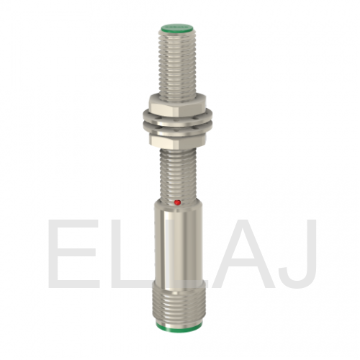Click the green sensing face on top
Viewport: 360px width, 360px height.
177,28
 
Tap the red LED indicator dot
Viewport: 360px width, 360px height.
178,203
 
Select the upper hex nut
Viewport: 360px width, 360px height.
178,104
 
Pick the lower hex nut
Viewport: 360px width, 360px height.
178,140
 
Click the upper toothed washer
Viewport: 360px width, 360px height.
178,118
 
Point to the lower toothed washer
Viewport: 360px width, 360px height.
178,130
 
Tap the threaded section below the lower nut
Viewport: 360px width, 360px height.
178,174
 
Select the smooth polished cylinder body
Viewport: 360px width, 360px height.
178,246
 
